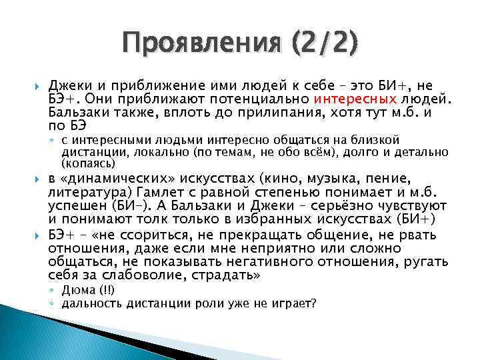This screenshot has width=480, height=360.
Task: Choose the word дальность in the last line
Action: click(x=90, y=304)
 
